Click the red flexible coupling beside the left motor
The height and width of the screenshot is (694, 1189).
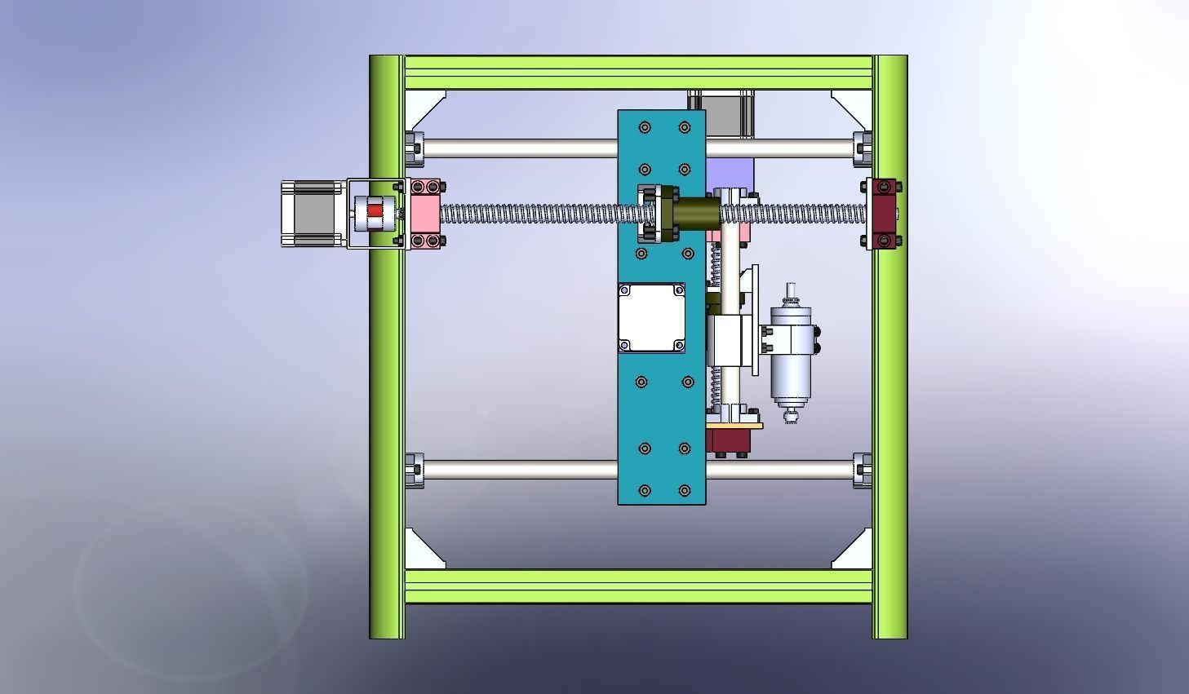(374, 211)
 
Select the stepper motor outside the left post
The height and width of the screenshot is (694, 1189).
(312, 213)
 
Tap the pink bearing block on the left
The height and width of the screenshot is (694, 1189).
(425, 213)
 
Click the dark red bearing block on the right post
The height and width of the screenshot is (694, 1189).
(883, 213)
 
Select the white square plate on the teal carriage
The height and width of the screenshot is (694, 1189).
(651, 317)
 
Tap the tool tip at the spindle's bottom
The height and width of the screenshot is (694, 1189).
(790, 418)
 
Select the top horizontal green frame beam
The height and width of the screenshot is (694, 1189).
(638, 73)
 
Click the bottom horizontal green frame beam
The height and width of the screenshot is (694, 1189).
(638, 586)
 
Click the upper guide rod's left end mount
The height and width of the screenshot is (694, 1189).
(415, 148)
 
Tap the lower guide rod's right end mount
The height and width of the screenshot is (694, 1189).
(862, 471)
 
